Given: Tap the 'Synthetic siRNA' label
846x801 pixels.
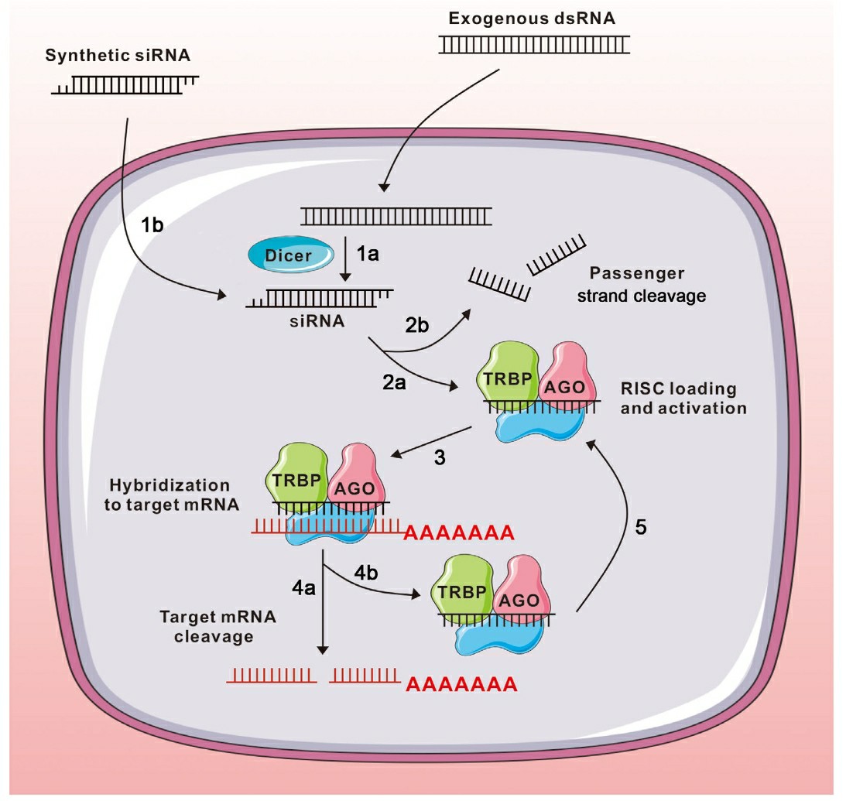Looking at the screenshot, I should point(118,56).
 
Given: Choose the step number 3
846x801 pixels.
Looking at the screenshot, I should point(440,458).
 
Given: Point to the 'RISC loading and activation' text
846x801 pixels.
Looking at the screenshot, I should point(683,398).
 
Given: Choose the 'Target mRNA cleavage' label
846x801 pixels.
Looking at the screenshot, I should point(206,626).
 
